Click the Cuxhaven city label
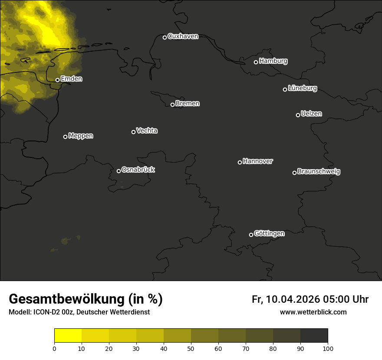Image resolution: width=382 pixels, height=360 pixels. [x=183, y=36]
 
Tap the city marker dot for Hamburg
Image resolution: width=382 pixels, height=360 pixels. [x=256, y=62]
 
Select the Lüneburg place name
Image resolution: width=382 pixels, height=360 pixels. [x=302, y=88]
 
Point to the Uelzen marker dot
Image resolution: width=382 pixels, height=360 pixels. [x=298, y=115]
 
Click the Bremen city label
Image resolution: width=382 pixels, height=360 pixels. [x=188, y=104]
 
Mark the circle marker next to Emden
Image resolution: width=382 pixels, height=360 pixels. [x=57, y=80]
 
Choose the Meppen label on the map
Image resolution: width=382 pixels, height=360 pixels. [x=81, y=136]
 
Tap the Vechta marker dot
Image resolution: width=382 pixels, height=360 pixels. [x=133, y=132]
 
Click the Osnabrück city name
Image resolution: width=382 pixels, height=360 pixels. [x=138, y=170]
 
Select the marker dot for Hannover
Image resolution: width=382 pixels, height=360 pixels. [x=240, y=162]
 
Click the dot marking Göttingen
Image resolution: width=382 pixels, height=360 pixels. [x=251, y=235]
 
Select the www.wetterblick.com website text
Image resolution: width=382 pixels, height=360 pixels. [x=313, y=312]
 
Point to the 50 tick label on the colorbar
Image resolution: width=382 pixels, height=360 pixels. [x=191, y=348]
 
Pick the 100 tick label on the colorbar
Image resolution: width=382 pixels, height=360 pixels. [x=328, y=348]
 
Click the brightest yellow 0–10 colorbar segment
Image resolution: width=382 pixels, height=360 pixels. [x=68, y=336]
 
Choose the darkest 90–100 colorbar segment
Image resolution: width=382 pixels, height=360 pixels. [x=314, y=336]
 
